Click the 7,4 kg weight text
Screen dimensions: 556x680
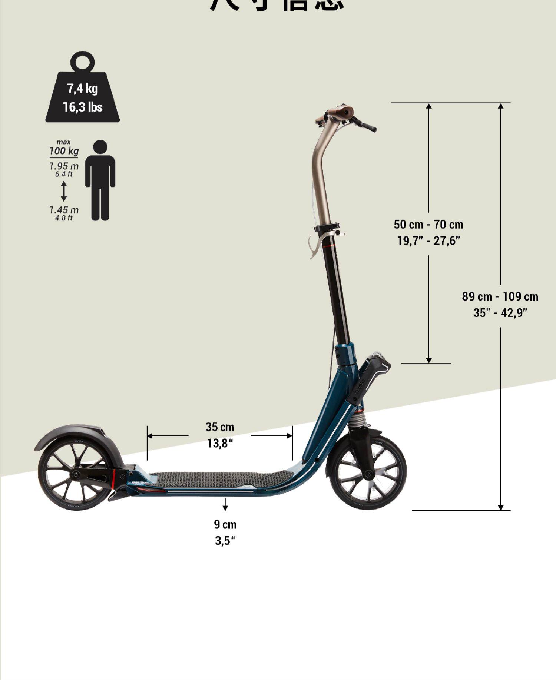[x=82, y=89]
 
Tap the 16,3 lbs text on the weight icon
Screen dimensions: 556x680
[x=82, y=107]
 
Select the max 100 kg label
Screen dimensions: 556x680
[x=64, y=148]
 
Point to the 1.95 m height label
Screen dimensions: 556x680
[x=64, y=166]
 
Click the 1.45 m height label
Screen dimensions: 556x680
[x=64, y=210]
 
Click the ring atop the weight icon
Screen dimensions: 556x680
[x=83, y=62]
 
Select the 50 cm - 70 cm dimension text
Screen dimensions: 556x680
[x=428, y=225]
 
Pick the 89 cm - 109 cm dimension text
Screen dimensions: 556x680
[x=500, y=296]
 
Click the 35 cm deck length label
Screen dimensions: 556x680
[x=220, y=427]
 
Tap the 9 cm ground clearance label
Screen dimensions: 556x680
[x=225, y=524]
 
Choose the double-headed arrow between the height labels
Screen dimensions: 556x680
[x=64, y=191]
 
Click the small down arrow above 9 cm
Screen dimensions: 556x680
[x=225, y=505]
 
